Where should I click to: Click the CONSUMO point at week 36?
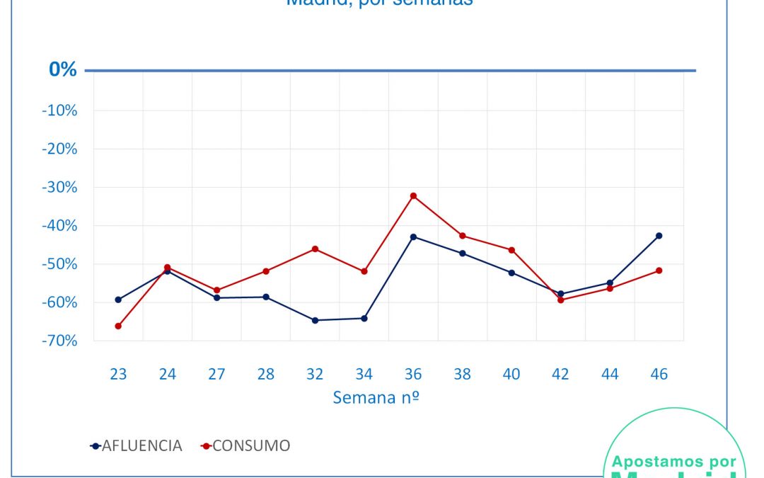[413, 195]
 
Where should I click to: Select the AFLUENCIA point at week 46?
[659, 236]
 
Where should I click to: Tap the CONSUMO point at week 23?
[118, 326]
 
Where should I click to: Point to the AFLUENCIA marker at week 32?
[315, 320]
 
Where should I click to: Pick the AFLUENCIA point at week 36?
[413, 237]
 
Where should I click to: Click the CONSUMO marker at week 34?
[364, 271]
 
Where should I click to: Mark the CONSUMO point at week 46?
[659, 271]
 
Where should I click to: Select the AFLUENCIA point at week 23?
[118, 300]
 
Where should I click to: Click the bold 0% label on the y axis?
[62, 69]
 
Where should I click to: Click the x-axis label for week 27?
[216, 374]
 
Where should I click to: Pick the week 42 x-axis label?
[560, 374]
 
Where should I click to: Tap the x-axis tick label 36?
[413, 374]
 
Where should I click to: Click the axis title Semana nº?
[376, 397]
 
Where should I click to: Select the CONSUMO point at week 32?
[315, 249]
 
